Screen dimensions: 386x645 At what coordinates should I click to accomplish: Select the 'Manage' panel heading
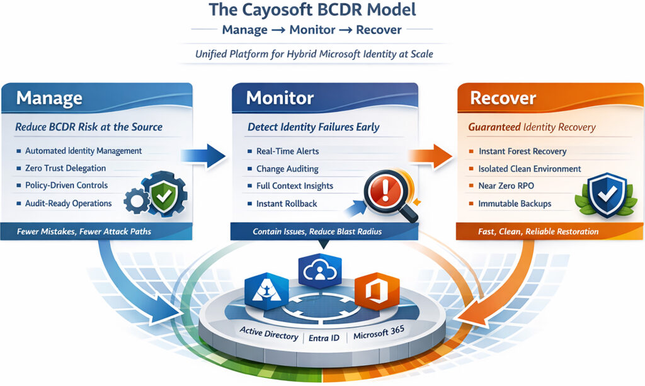[49, 98]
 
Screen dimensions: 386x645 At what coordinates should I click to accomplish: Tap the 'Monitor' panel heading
[280, 98]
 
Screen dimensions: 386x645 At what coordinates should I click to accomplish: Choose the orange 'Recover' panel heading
[503, 98]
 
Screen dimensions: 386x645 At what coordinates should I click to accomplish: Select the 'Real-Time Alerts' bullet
[287, 152]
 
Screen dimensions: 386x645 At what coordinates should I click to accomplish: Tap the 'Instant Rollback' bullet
[287, 203]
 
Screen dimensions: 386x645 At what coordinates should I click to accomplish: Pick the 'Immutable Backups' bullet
[515, 203]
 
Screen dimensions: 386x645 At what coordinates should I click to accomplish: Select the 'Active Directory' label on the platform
[269, 334]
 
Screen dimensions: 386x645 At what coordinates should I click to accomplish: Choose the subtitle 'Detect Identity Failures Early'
[313, 127]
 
